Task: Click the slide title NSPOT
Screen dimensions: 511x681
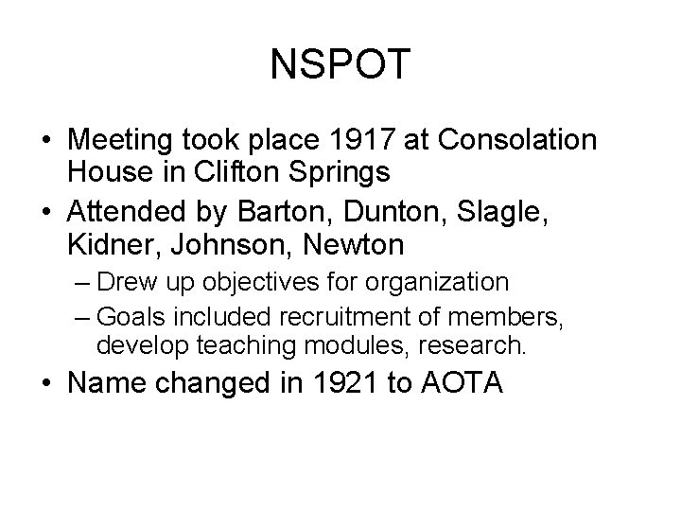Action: (x=340, y=64)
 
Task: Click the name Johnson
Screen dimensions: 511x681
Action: (x=222, y=247)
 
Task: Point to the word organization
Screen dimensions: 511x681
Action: (x=441, y=283)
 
